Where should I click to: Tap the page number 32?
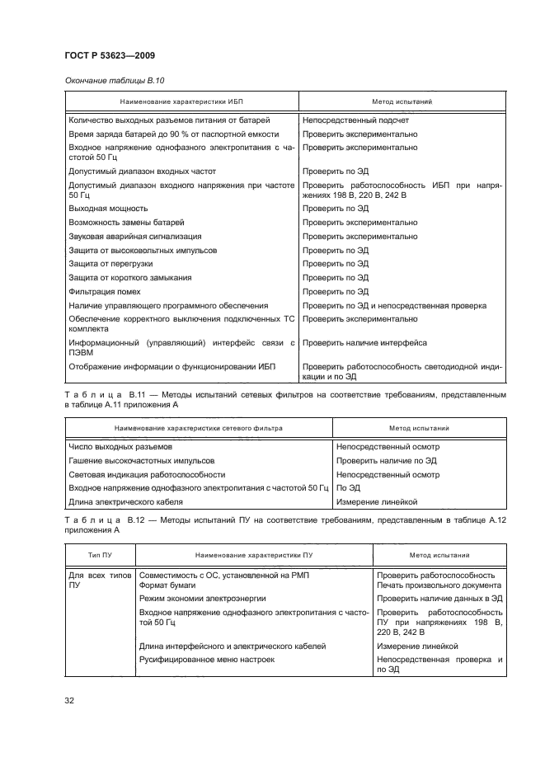(x=70, y=700)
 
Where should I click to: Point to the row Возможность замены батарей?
(x=126, y=223)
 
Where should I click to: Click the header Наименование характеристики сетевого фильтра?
(x=198, y=429)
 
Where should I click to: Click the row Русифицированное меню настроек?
(x=206, y=659)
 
